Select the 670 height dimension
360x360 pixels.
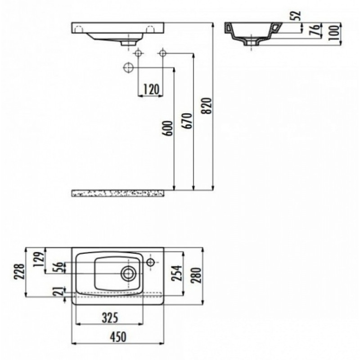coord(188,121)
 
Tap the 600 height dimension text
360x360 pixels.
coord(168,128)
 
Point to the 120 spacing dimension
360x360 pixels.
coord(151,89)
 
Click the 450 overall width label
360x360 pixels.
coord(118,337)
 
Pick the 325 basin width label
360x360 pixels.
coord(110,318)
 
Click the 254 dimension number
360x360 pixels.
coord(177,273)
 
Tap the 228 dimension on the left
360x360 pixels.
coord(19,272)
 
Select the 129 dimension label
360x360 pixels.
coord(38,260)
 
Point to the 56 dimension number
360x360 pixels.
coord(59,267)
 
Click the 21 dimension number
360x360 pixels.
coord(59,291)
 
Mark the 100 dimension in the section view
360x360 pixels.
coord(334,33)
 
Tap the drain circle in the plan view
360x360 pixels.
coord(128,274)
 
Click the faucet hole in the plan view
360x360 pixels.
coord(151,262)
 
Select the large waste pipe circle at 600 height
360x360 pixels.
coord(128,67)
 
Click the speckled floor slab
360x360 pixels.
coord(118,193)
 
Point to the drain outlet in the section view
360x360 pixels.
coord(252,42)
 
